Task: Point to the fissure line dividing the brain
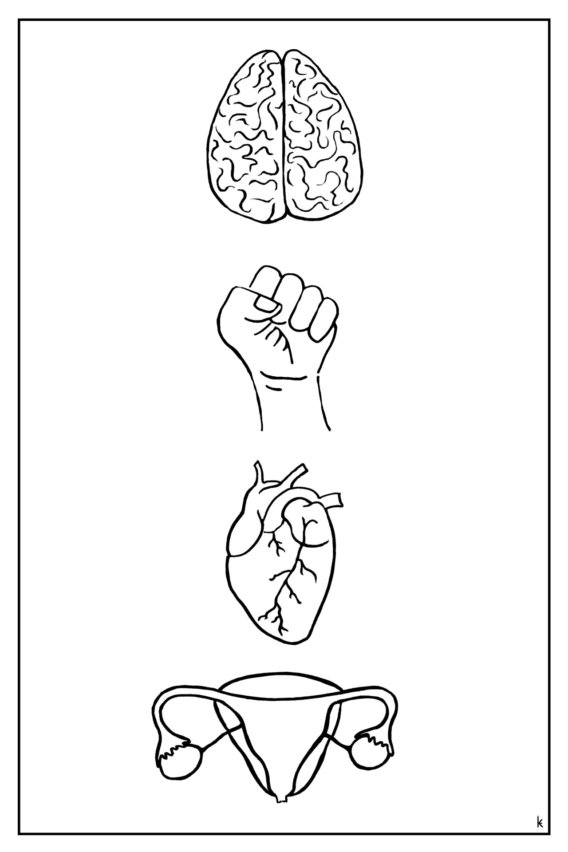click(283, 133)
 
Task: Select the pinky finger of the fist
click(323, 318)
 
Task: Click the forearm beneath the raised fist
click(293, 399)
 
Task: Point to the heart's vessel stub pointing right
click(333, 499)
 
